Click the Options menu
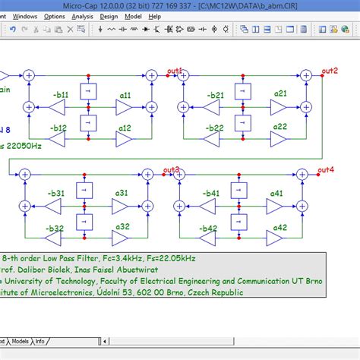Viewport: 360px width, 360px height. [54, 16]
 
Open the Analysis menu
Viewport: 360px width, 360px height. [82, 16]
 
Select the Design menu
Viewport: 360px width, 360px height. [109, 16]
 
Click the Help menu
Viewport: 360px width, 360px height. [154, 16]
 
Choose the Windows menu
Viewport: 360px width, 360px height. [24, 16]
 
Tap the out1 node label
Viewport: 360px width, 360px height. [176, 71]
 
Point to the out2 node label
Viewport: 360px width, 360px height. [330, 71]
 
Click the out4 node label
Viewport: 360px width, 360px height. [326, 169]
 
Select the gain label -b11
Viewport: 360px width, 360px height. [61, 95]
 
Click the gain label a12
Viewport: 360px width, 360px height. [124, 129]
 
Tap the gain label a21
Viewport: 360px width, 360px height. [281, 93]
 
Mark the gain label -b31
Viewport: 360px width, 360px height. [56, 193]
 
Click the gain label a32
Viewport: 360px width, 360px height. [122, 226]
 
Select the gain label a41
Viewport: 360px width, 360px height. [276, 193]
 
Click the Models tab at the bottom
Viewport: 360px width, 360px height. [19, 341]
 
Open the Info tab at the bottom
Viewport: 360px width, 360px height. [40, 341]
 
